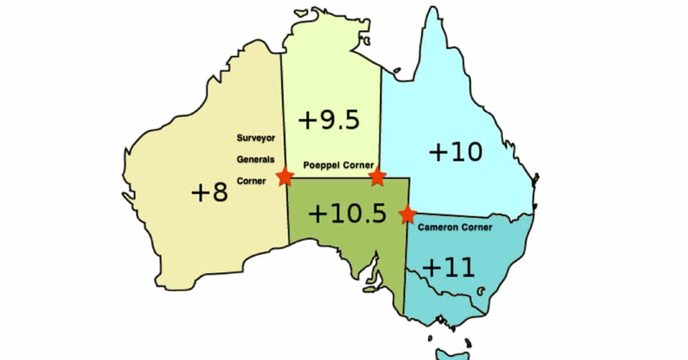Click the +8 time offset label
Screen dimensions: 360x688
point(209,193)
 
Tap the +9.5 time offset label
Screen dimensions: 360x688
point(329,120)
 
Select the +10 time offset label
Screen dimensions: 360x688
point(456,152)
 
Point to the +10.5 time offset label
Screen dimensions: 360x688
point(347,214)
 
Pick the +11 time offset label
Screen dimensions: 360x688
point(449,267)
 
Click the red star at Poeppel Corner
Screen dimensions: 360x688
point(377,177)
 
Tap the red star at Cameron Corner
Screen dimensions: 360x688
point(408,214)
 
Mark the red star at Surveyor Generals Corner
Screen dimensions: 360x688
point(284,177)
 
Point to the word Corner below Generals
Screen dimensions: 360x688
point(252,181)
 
